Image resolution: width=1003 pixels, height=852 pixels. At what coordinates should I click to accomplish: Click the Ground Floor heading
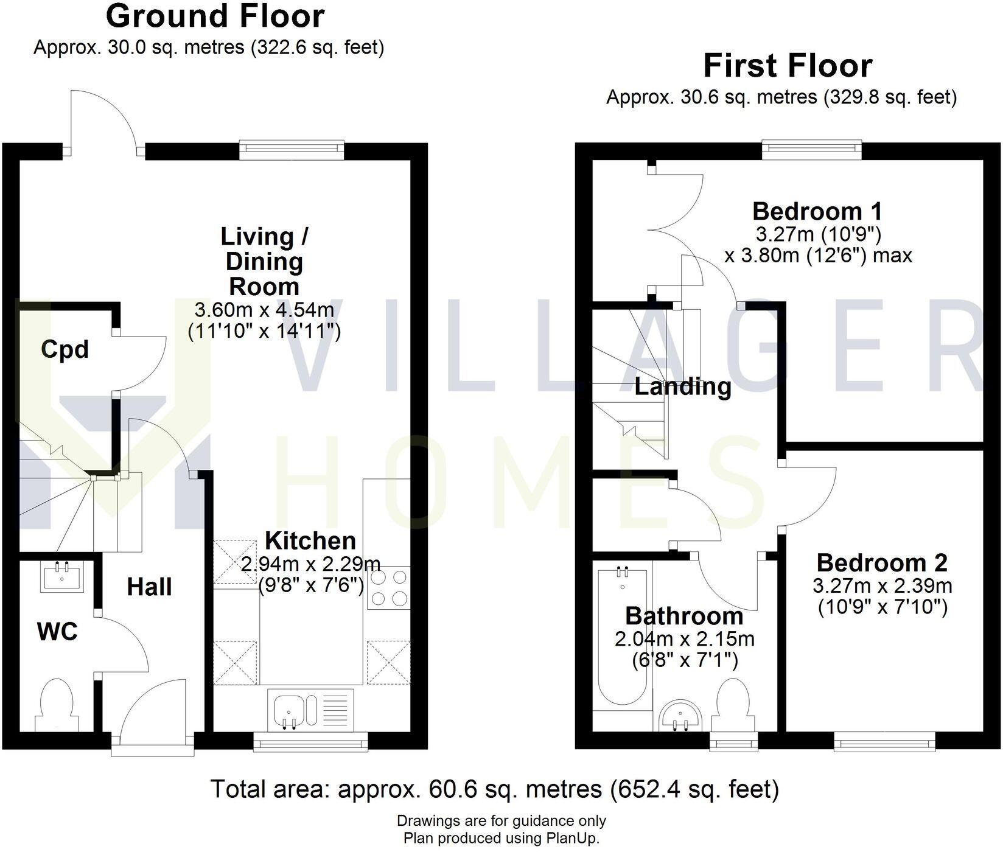[215, 16]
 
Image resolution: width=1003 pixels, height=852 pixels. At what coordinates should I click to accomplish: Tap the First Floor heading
[788, 66]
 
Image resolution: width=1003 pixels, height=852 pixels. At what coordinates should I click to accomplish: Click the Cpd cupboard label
[65, 349]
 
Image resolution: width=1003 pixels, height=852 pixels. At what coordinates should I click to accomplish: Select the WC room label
[57, 632]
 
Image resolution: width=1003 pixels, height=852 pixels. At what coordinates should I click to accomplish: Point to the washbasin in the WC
[61, 576]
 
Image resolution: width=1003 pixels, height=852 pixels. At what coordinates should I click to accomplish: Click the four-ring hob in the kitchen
[388, 588]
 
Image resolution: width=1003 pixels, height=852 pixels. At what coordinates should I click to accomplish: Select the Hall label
[149, 587]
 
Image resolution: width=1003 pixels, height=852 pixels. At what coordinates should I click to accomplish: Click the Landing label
[683, 386]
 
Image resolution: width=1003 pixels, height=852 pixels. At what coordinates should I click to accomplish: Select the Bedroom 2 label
[882, 562]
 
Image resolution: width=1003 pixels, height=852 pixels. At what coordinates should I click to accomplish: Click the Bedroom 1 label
[817, 211]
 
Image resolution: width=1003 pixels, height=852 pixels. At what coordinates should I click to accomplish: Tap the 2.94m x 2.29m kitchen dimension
[310, 564]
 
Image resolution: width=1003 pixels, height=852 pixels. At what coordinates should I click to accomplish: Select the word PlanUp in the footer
[573, 839]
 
